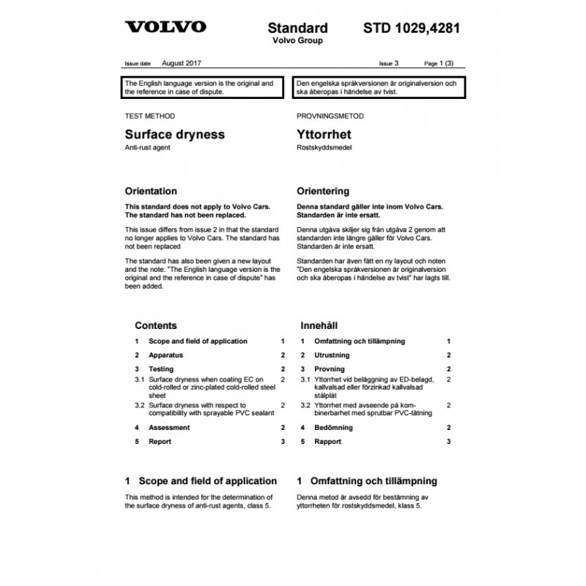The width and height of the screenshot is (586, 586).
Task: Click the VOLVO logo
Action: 165,29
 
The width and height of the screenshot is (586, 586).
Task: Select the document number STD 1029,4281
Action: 412,29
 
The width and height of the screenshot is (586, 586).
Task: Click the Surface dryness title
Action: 175,135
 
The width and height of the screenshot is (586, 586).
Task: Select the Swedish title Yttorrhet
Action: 324,135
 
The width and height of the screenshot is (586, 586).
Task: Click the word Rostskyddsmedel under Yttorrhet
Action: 324,148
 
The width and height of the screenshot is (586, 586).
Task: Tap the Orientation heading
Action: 151,191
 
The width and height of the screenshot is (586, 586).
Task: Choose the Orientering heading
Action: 323,191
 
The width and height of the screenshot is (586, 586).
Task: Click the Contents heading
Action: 156,325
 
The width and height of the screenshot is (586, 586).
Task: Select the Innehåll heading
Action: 319,325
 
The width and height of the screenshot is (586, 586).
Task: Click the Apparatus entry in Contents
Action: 165,355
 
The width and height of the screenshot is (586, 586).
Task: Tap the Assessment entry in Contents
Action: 168,427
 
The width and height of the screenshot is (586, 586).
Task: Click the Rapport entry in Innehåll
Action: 327,442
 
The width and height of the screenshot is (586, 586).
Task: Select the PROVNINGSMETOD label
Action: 330,116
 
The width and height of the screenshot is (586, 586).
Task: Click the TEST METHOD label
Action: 150,116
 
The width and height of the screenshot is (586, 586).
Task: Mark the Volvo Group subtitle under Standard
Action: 297,41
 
